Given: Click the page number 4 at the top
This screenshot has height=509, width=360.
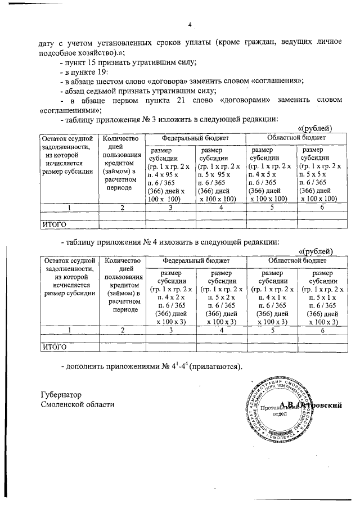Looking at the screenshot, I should point(190,24).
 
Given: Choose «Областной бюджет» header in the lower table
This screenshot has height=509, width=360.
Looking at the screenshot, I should point(297,262).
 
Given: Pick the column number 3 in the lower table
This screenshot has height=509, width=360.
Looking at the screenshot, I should point(170,330).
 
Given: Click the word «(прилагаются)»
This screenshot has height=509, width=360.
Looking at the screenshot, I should point(215,367).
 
